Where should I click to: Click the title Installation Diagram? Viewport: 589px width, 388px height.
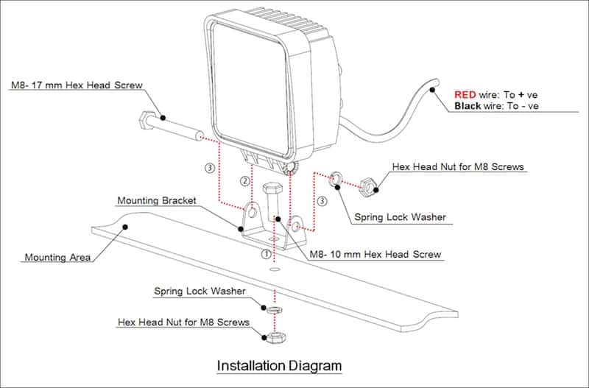(279, 365)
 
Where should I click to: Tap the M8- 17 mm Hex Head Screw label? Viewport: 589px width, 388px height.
(76, 85)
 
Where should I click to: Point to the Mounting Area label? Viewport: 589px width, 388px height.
(57, 258)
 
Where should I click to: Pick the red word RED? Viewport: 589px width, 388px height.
(465, 94)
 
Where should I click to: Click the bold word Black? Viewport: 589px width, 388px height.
(468, 106)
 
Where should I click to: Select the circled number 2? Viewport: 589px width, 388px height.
(244, 181)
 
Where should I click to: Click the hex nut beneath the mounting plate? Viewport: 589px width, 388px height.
(275, 336)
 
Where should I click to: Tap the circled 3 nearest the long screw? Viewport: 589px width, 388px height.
(210, 168)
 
